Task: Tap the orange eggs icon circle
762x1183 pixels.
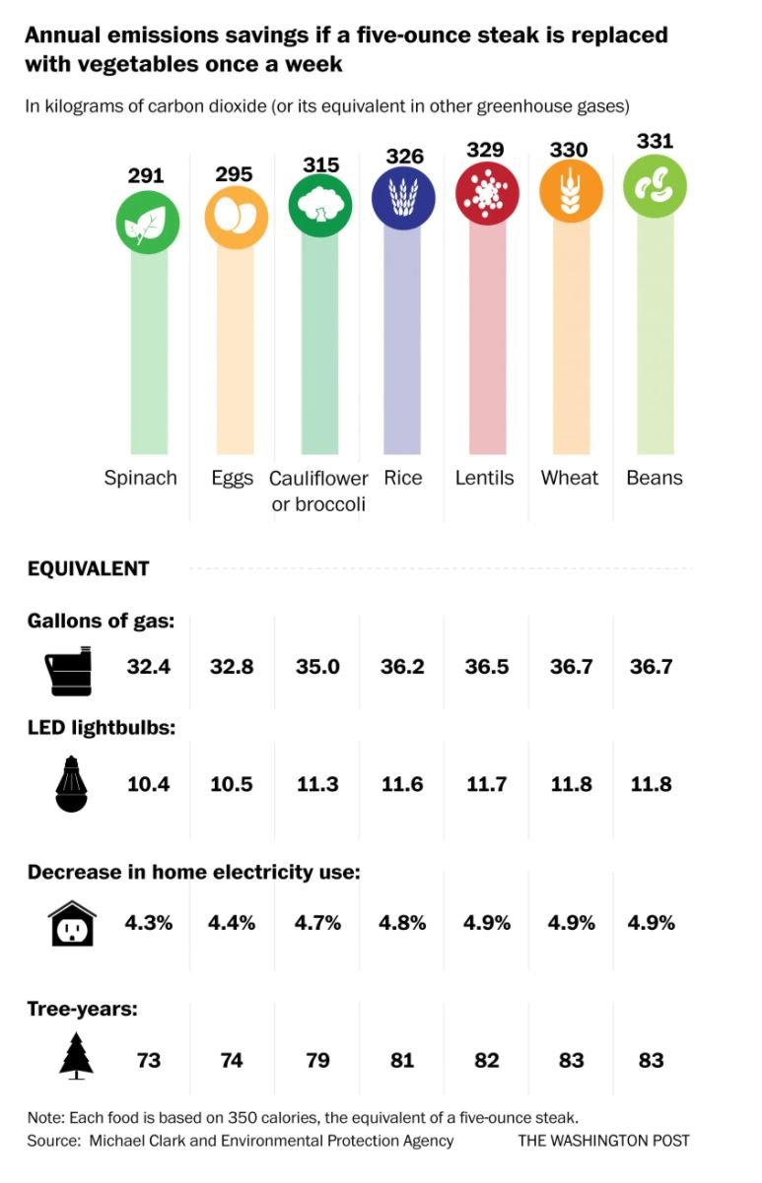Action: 236,218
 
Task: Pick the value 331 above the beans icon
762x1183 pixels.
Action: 654,141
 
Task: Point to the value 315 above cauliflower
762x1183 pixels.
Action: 320,164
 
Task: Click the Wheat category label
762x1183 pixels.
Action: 569,478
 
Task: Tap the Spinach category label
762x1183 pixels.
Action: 141,478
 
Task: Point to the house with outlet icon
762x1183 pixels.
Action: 72,924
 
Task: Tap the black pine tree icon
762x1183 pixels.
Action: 76,1057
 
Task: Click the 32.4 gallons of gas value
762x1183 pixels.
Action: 149,667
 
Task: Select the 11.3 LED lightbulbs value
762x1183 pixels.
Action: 318,784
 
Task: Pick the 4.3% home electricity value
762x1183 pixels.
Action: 149,923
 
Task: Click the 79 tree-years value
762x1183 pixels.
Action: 317,1060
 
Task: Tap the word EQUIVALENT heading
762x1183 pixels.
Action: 88,568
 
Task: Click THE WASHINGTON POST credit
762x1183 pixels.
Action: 603,1141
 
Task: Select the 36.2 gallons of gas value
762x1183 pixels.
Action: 402,667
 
